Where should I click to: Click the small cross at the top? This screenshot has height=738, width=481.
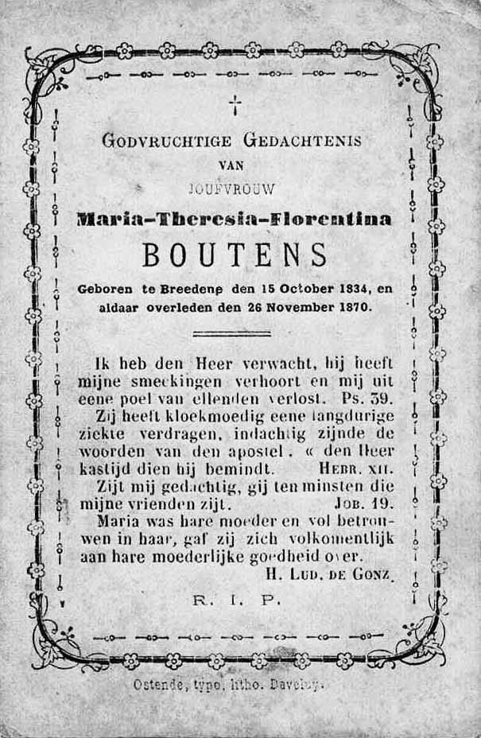(x=235, y=104)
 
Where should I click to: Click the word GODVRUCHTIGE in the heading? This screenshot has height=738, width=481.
(x=167, y=142)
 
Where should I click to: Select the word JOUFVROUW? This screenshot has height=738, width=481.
(x=232, y=189)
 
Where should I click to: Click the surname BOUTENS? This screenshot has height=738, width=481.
(x=234, y=255)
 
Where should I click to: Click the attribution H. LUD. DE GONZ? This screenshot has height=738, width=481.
(x=325, y=574)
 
